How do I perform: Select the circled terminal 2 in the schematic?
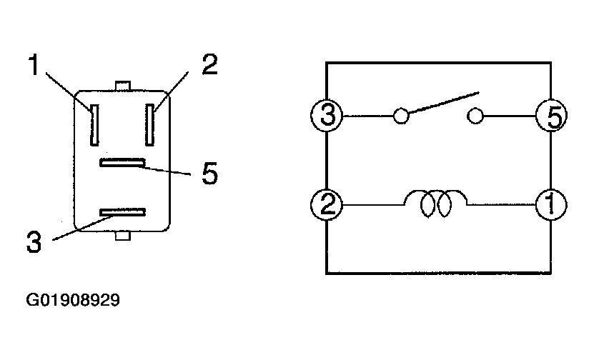coord(327,206)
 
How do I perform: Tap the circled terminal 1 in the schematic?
coord(552,206)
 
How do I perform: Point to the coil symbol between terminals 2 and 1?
coord(436,204)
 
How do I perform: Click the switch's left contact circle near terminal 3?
coord(402,116)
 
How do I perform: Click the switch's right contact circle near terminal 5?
coord(475,116)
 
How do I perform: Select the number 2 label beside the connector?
coord(209,65)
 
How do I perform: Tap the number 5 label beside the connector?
coord(209,174)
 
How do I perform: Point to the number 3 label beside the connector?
coord(34,241)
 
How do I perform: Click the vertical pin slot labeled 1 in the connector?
coord(92,123)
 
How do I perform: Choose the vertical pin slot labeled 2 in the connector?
coord(150,123)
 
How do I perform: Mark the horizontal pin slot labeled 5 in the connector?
coord(122,164)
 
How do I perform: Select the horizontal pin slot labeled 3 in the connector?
coord(122,212)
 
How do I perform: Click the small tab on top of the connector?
coord(122,86)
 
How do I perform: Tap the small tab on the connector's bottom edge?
coord(122,235)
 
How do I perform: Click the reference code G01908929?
coord(73,300)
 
